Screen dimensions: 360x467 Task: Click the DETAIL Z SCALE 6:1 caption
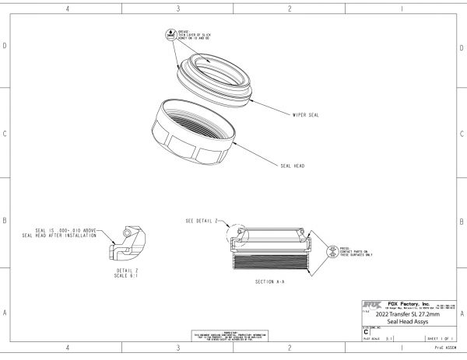tap(121, 272)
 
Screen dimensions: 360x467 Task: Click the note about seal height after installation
tap(67, 232)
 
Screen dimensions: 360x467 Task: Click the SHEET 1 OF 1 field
tap(440, 339)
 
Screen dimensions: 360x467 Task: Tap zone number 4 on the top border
tap(68, 9)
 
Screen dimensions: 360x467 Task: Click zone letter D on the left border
tap(5, 46)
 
